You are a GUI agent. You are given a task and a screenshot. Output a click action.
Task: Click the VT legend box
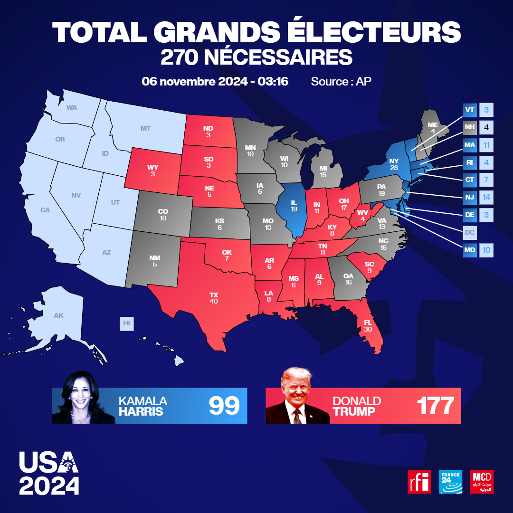pyautogui.click(x=470, y=110)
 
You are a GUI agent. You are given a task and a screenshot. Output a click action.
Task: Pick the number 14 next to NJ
pyautogui.click(x=486, y=197)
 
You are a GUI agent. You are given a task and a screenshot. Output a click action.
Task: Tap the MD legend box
pyautogui.click(x=470, y=249)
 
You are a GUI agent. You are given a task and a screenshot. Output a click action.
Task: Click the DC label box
pyautogui.click(x=470, y=232)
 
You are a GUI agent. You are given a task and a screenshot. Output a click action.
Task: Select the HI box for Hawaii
pyautogui.click(x=126, y=323)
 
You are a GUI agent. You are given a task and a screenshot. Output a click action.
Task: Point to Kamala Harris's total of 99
pyautogui.click(x=224, y=406)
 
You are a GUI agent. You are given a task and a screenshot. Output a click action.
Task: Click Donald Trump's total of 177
pyautogui.click(x=436, y=406)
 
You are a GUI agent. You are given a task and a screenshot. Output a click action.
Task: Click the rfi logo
pyautogui.click(x=419, y=482)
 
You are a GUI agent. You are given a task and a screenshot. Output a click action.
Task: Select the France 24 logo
pyautogui.click(x=450, y=482)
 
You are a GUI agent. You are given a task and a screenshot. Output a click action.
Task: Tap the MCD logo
pyautogui.click(x=482, y=482)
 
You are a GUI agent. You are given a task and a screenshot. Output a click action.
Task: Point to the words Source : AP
pyautogui.click(x=341, y=81)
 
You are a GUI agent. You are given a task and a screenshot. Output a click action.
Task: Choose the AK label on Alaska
pyautogui.click(x=58, y=315)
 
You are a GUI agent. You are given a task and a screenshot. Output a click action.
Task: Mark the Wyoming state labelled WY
pyautogui.click(x=152, y=170)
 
